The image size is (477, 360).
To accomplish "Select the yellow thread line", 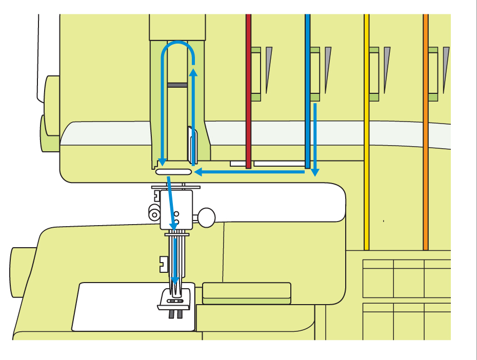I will (x=367, y=154).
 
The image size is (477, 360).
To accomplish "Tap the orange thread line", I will (x=426, y=154).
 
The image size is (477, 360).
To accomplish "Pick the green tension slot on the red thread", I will (x=255, y=72).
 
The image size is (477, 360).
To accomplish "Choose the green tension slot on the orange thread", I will (x=433, y=72).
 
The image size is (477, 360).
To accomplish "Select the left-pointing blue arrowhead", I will (x=198, y=172).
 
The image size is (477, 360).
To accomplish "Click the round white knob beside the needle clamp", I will (x=207, y=217).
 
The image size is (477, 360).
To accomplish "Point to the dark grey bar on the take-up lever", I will (x=177, y=84).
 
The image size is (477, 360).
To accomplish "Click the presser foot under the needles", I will (x=175, y=300).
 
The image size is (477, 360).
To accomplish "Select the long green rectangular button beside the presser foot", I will (x=247, y=290).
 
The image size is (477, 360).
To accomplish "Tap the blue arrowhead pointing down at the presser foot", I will (x=175, y=279).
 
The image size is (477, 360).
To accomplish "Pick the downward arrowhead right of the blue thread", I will (x=315, y=172).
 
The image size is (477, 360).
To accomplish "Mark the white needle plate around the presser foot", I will (x=113, y=308).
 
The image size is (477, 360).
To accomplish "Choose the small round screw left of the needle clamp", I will (x=153, y=213).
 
